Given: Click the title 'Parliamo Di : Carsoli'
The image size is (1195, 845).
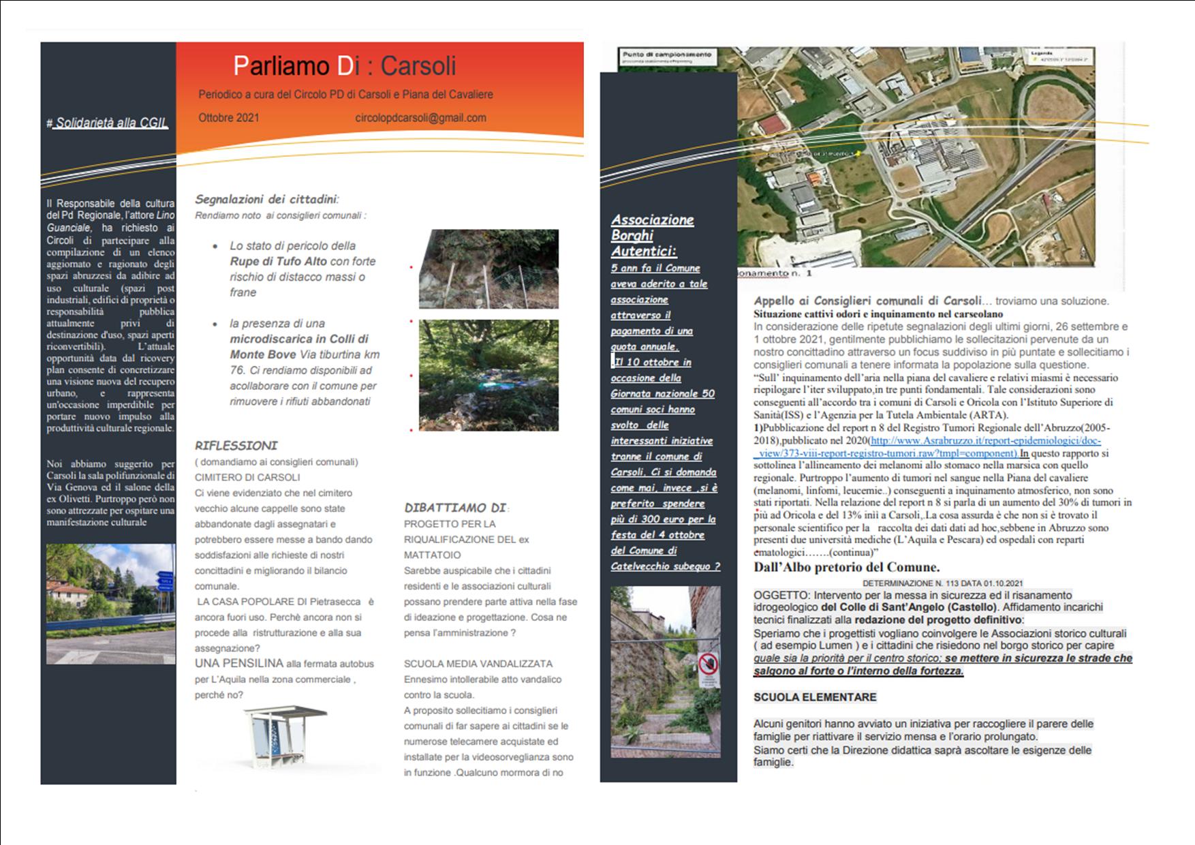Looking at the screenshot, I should point(344,66).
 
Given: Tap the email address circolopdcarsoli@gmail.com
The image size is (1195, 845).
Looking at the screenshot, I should point(420,117).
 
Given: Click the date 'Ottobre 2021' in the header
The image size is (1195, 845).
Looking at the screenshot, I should point(229,117).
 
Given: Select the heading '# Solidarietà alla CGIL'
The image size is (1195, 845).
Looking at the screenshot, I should point(107,123).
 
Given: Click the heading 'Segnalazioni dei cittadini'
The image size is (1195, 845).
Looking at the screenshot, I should point(266,199).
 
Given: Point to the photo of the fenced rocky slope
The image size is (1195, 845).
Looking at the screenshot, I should point(488,268).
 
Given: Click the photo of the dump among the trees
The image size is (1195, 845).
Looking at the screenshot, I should point(488,375).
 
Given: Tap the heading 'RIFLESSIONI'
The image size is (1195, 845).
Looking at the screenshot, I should point(236,446).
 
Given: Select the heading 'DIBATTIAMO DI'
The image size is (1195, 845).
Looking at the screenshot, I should point(455,508).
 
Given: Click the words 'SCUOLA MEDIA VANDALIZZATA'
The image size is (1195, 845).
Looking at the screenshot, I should point(478,664).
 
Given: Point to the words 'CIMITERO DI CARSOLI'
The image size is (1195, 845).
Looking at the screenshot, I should point(247,477).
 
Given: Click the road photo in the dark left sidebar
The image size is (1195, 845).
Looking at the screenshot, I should point(110,604).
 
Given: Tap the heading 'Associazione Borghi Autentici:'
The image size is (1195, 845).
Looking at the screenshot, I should point(652,235).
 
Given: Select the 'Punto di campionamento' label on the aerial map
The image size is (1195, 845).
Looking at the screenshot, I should point(667,55).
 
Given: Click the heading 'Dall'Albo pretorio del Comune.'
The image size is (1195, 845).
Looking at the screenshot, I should point(846,567).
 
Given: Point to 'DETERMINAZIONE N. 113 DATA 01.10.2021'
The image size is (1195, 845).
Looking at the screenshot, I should point(942,583).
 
